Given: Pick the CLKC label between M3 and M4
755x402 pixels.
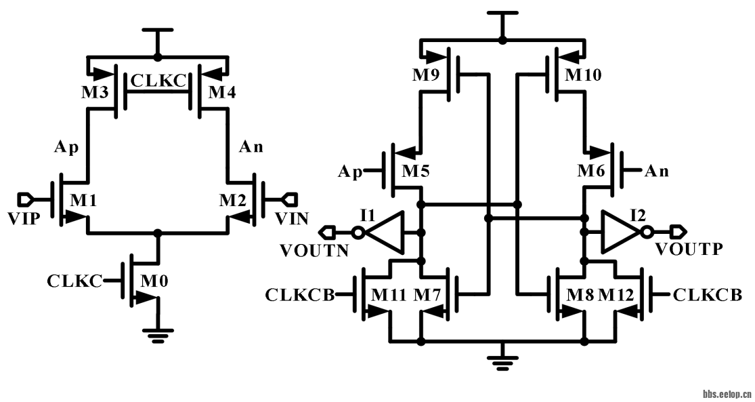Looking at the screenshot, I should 158,81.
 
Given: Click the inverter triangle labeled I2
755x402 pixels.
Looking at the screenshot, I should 618,232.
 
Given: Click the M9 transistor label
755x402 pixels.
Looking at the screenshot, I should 426,75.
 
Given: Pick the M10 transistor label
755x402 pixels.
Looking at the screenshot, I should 583,75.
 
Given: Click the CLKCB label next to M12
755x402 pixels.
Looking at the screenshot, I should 707,295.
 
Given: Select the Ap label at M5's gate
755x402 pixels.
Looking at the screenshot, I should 349,172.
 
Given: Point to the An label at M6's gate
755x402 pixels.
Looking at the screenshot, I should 656,172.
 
